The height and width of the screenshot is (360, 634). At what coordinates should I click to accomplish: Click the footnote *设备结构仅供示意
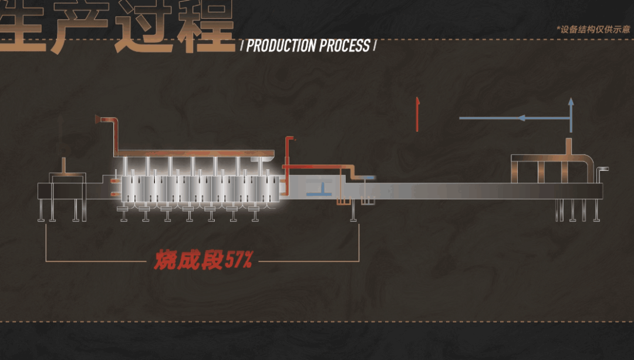(592, 28)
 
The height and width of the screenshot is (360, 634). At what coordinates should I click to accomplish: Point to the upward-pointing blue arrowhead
(570, 102)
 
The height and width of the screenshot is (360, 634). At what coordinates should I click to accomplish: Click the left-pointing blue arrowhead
(520, 118)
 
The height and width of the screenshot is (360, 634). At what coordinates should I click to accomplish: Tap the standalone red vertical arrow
(417, 114)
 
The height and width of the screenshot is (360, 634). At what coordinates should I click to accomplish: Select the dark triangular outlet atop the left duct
(97, 119)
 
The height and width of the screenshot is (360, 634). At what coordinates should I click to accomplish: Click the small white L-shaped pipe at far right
(600, 174)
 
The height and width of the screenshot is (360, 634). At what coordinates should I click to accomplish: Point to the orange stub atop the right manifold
(568, 146)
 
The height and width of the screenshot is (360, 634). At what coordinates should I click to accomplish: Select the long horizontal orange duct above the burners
(194, 154)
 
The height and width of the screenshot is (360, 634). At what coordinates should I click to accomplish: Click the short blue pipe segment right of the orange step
(367, 176)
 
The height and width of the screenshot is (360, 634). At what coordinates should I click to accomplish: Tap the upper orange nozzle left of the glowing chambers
(112, 181)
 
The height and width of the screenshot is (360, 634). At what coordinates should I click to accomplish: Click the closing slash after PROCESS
(375, 46)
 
